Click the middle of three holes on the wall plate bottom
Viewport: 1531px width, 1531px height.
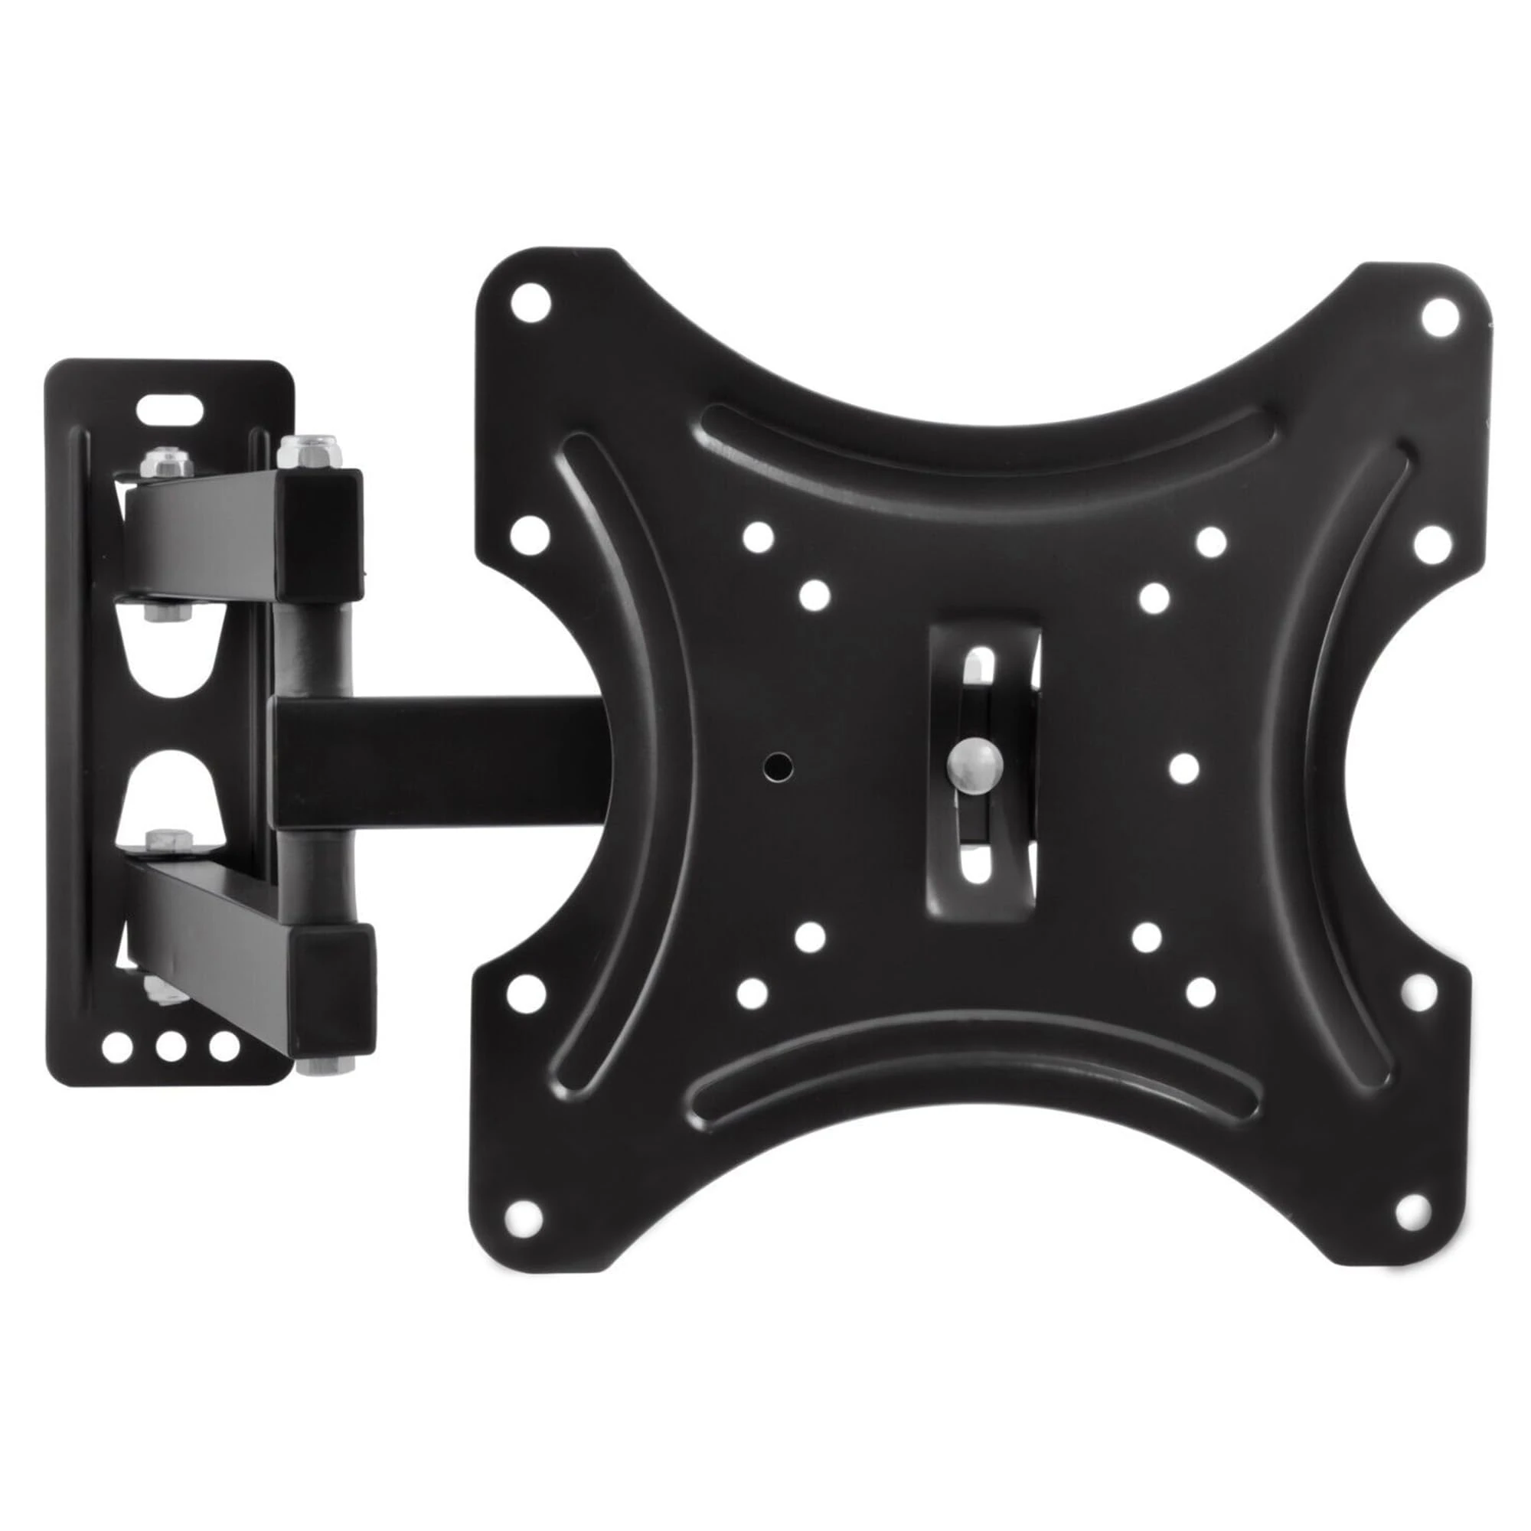pos(171,1046)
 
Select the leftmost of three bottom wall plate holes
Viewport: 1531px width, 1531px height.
pos(117,1046)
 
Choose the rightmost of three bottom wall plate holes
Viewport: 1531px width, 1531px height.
pos(224,1046)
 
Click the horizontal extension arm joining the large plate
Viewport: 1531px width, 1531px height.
pos(444,762)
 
